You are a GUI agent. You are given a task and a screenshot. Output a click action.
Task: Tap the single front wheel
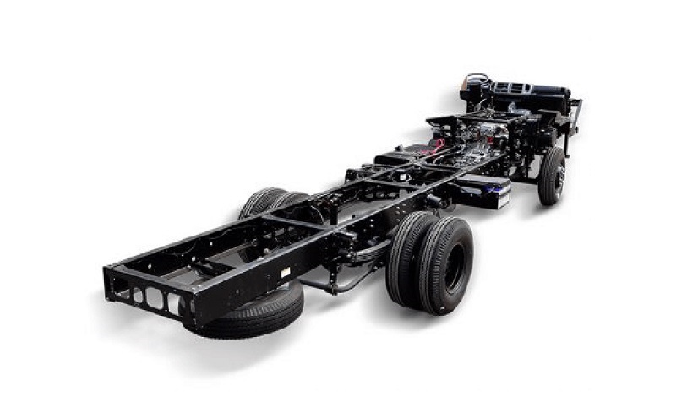click(x=552, y=175)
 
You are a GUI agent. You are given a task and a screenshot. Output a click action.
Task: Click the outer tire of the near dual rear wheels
click(x=444, y=262)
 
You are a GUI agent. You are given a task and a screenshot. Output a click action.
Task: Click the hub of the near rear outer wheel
click(x=455, y=267)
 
